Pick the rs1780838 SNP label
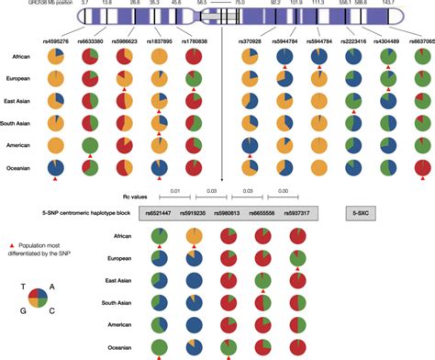point(193,40)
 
